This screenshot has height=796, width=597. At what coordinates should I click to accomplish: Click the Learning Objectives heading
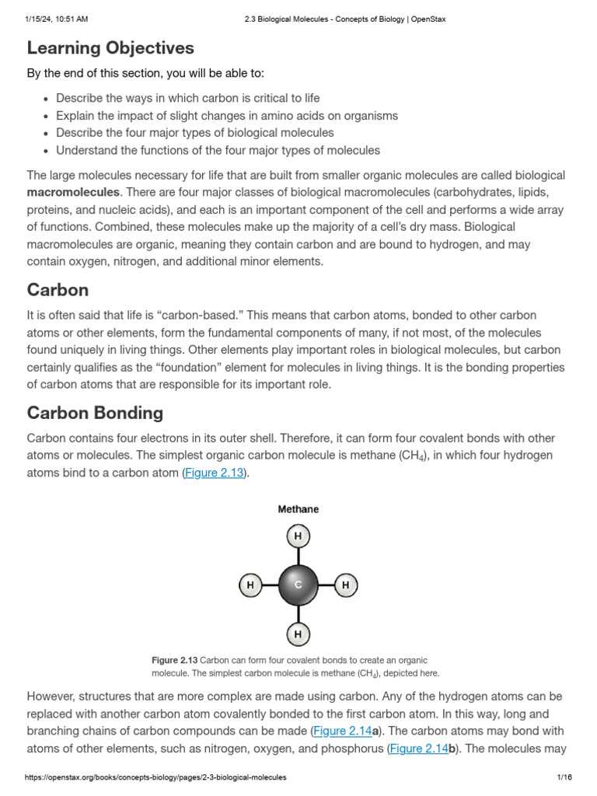pos(110,48)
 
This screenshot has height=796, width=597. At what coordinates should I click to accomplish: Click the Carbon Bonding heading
pos(95,413)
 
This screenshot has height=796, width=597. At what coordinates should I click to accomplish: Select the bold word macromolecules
pos(73,192)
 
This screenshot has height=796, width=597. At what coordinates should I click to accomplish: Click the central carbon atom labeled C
pos(298,585)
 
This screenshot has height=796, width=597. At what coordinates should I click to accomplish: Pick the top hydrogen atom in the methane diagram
pos(298,536)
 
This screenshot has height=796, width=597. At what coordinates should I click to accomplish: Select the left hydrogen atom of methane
pos(250,585)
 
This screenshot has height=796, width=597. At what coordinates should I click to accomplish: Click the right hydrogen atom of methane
pos(346,585)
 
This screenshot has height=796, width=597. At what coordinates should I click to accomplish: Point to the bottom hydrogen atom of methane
pos(298,634)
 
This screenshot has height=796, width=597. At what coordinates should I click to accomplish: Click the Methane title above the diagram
pos(298,509)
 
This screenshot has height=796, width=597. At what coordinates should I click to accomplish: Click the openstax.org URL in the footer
pos(155,777)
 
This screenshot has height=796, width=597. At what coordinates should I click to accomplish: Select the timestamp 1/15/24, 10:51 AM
pos(57,19)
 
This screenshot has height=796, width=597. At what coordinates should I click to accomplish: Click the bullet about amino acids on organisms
pos(227,116)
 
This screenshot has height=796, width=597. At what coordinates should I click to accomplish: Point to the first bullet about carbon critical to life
pos(187,99)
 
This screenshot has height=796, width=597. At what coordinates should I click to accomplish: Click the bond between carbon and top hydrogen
pos(298,556)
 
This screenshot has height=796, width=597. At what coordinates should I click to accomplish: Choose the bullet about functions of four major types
pos(218,150)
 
